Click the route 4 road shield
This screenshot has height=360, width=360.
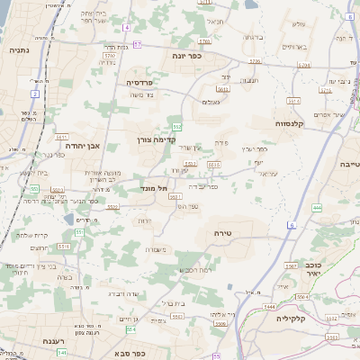[x=127, y=28]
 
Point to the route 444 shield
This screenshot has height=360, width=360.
[x=316, y=208]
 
